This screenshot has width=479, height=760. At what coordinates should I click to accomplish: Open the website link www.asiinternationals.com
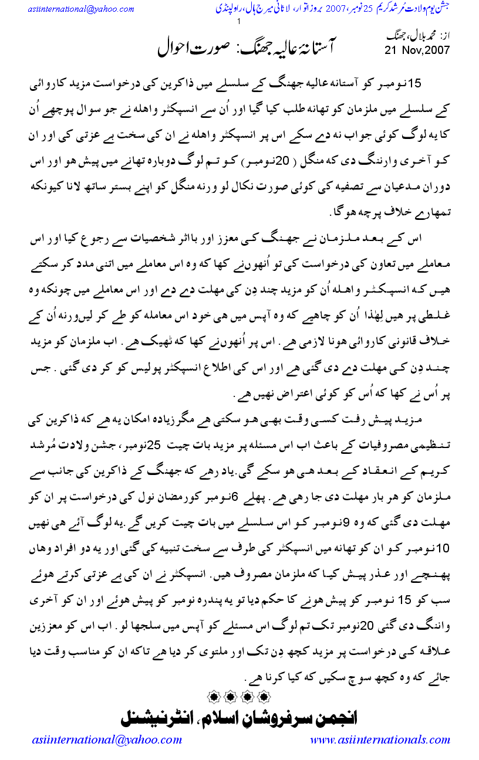[380, 739]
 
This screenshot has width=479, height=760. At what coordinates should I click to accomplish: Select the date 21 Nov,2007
[417, 50]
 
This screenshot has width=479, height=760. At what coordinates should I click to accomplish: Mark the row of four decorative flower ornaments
[239, 697]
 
